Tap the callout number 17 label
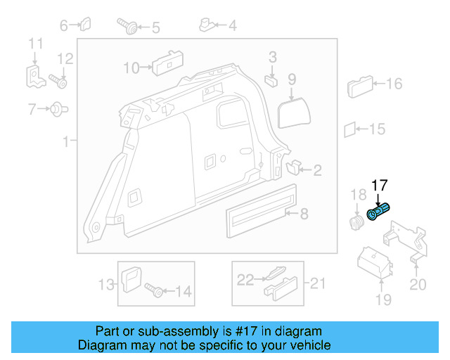coord(380,186)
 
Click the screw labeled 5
coord(129,27)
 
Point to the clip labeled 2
coord(294,167)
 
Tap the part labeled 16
coord(360,87)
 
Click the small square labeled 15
coord(349,129)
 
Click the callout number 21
coord(319,283)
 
